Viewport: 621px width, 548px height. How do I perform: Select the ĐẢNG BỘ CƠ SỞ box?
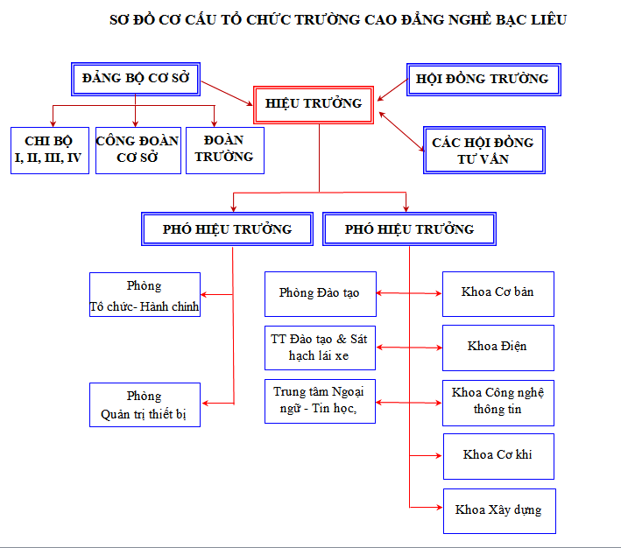coord(136,78)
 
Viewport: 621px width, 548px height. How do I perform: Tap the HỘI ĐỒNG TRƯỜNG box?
coord(483,80)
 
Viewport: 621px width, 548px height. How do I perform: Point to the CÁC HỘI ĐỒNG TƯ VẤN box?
coord(483,150)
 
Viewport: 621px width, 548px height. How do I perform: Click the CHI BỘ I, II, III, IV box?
coord(49,149)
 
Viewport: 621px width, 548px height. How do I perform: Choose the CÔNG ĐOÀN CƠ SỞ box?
coord(137,149)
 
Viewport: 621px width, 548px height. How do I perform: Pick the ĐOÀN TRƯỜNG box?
coord(224,149)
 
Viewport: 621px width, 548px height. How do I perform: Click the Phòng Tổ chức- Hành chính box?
coord(145,295)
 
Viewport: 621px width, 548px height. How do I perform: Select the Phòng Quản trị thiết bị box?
coord(145,404)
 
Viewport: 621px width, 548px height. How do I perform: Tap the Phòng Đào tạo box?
coord(320,293)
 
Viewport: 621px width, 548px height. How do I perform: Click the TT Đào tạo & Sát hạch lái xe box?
coord(320,348)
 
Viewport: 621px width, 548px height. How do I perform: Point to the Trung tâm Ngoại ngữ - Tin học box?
coord(320,401)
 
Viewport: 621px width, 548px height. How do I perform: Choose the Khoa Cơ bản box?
coord(498,292)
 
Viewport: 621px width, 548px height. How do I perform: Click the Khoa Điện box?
coord(498,346)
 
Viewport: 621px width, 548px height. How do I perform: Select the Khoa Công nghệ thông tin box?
coord(498,401)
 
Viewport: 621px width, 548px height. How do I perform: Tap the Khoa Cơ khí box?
coord(498,454)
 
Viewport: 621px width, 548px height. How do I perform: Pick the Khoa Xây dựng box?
coord(498,509)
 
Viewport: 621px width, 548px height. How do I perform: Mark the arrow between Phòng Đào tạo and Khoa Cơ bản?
coord(409,293)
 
